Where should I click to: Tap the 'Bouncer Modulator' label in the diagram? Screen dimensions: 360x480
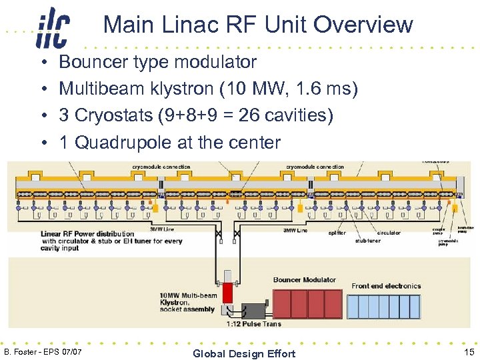pos(304,280)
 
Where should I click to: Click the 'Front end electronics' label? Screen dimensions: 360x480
pos(386,286)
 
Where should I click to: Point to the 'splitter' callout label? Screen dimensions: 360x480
pos(337,233)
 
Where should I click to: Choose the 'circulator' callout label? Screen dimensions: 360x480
pos(389,233)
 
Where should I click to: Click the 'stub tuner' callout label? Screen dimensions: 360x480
pos(368,241)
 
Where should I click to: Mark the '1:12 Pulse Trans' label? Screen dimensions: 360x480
pos(253,324)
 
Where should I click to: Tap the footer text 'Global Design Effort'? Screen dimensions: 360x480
pos(243,353)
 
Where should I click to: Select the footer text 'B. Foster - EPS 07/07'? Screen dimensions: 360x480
pos(43,351)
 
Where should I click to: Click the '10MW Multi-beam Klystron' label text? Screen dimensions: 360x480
pos(188,302)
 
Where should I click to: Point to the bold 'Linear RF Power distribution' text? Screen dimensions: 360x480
pos(87,234)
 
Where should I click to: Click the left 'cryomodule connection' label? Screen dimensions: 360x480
pos(161,167)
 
